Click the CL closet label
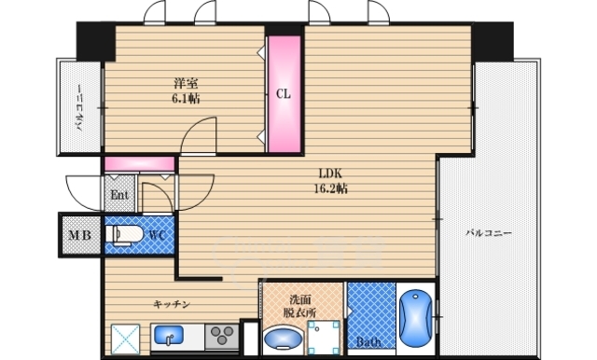[x=283, y=93]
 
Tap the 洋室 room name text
[x=186, y=83]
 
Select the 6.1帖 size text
[x=186, y=99]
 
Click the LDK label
[x=330, y=173]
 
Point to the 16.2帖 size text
[x=330, y=188]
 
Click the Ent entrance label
[x=119, y=195]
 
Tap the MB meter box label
[x=80, y=235]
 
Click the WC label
[x=157, y=235]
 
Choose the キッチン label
[x=172, y=304]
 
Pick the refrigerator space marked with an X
[x=126, y=339]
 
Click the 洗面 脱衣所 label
[x=299, y=306]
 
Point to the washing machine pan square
[x=324, y=338]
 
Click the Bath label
[x=368, y=341]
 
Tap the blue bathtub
[x=416, y=319]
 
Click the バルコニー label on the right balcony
[x=489, y=233]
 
